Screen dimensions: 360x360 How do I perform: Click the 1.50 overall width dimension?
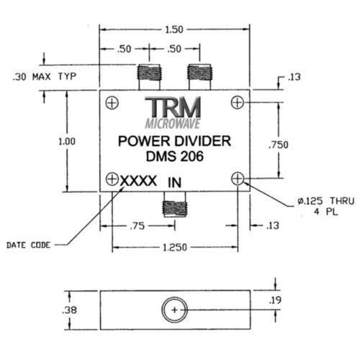[174, 30]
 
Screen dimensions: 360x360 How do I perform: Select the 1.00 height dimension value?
[67, 142]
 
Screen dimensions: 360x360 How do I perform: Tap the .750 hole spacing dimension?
[279, 145]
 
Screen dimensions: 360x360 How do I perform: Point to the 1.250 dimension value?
[175, 248]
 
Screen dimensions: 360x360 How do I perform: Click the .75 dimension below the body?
[138, 226]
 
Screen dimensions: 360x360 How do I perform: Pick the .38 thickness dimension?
[69, 310]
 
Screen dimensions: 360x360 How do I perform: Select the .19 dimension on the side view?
[275, 300]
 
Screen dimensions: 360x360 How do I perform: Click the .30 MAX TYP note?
[45, 77]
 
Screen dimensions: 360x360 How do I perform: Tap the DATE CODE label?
[28, 245]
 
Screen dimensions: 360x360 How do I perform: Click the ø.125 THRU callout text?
[326, 201]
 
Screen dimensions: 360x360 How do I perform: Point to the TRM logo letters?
[173, 107]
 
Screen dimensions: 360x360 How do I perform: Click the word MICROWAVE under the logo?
[173, 124]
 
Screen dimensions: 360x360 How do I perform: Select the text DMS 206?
[175, 156]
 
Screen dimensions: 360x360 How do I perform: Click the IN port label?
[174, 183]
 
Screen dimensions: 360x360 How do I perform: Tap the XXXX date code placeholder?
[138, 181]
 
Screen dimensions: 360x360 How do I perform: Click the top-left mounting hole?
[112, 103]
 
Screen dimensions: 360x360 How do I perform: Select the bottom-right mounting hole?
[238, 179]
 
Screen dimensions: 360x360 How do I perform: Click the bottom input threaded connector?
[174, 204]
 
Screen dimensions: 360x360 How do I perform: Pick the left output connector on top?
[149, 77]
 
